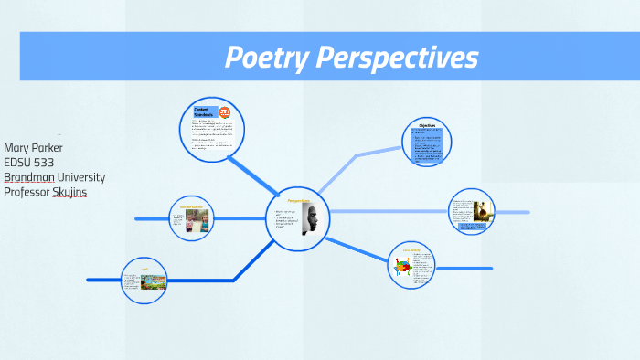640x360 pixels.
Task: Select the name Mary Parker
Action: pos(33,148)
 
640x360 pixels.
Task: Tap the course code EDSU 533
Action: pos(28,163)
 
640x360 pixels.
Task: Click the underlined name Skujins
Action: pos(69,192)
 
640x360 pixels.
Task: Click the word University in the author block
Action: pos(80,177)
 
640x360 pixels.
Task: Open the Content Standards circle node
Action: pos(212,130)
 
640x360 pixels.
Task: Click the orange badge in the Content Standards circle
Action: pos(225,113)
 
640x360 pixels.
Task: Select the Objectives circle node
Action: pos(427,143)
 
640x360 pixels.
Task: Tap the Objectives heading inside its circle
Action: pos(427,124)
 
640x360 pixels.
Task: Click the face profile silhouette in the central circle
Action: pos(310,220)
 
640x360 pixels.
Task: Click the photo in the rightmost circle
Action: pos(480,210)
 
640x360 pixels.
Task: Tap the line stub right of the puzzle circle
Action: pos(466,269)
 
